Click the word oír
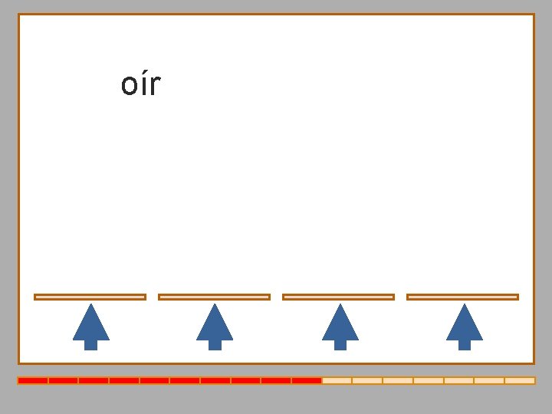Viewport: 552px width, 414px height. (140, 84)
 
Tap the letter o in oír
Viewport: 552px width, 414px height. (129, 87)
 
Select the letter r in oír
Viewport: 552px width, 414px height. (154, 87)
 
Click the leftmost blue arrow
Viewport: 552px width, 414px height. (90, 326)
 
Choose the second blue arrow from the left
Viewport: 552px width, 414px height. (215, 326)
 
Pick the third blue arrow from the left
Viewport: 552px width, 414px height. (340, 326)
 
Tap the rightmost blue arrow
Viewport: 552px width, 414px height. (464, 326)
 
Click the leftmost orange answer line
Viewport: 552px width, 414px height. (90, 297)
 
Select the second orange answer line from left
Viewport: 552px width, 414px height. (214, 297)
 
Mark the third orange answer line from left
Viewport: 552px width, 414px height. (338, 297)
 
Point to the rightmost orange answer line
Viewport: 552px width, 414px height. (462, 297)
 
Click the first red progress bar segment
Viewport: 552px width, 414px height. (33, 380)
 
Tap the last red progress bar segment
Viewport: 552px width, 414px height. (307, 380)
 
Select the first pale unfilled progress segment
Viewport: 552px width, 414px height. (337, 380)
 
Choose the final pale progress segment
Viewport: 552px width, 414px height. (520, 380)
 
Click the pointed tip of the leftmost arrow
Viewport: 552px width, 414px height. (90, 306)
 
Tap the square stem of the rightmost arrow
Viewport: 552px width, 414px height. (464, 344)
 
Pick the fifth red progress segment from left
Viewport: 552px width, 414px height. (155, 380)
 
